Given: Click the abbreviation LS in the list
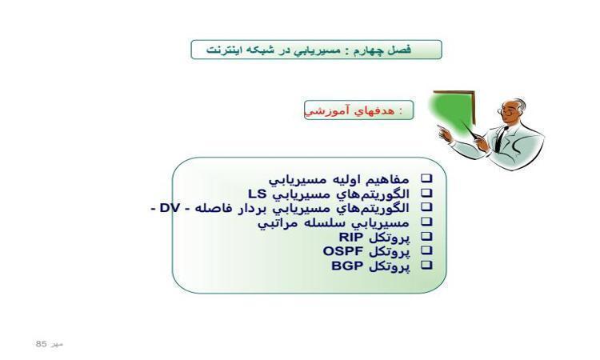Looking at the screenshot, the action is (x=257, y=194).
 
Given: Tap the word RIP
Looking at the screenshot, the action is (x=351, y=237).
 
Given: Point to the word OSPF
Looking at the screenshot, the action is (x=343, y=251).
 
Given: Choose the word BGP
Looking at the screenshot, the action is (x=347, y=266).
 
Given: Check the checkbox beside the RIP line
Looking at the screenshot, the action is (x=426, y=237).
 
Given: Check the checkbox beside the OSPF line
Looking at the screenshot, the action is (x=426, y=250).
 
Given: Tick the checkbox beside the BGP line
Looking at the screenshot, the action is (x=426, y=265).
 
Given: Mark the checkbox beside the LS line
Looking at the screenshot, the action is (x=426, y=193).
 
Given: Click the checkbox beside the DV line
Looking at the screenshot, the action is (x=426, y=207).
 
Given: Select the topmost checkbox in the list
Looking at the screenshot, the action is (x=426, y=178).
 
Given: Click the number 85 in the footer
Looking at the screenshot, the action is (x=41, y=344).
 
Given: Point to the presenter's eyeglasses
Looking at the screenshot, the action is (x=506, y=111).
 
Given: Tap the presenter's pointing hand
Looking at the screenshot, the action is (x=444, y=134).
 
